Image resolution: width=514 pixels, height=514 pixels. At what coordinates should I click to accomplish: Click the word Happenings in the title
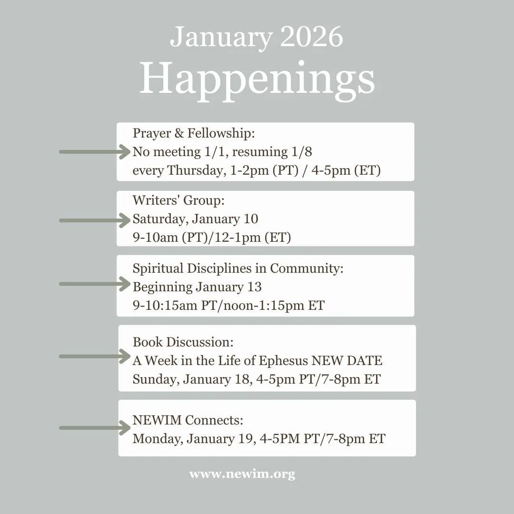257,80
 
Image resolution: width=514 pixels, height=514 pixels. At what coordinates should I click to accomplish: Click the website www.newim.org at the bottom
242,474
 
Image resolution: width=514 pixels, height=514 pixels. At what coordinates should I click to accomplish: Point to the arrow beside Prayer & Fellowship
95,152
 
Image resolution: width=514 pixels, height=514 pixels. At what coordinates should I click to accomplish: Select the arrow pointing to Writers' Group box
95,220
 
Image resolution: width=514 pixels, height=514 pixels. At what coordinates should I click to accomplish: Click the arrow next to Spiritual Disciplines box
95,284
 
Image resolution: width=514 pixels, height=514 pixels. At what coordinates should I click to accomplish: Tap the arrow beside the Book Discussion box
95,356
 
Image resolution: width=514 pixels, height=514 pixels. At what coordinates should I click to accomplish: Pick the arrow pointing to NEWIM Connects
95,428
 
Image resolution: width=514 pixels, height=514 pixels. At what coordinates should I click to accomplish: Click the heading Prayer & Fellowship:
194,134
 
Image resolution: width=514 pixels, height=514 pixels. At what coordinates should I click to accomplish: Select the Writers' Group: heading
178,201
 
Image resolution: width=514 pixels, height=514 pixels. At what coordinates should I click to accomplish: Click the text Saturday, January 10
195,219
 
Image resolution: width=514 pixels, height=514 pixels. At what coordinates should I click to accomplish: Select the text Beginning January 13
197,287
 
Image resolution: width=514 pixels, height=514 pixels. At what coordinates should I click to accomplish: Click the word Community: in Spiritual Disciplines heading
306,268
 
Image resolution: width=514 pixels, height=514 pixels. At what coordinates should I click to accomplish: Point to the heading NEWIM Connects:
188,420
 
